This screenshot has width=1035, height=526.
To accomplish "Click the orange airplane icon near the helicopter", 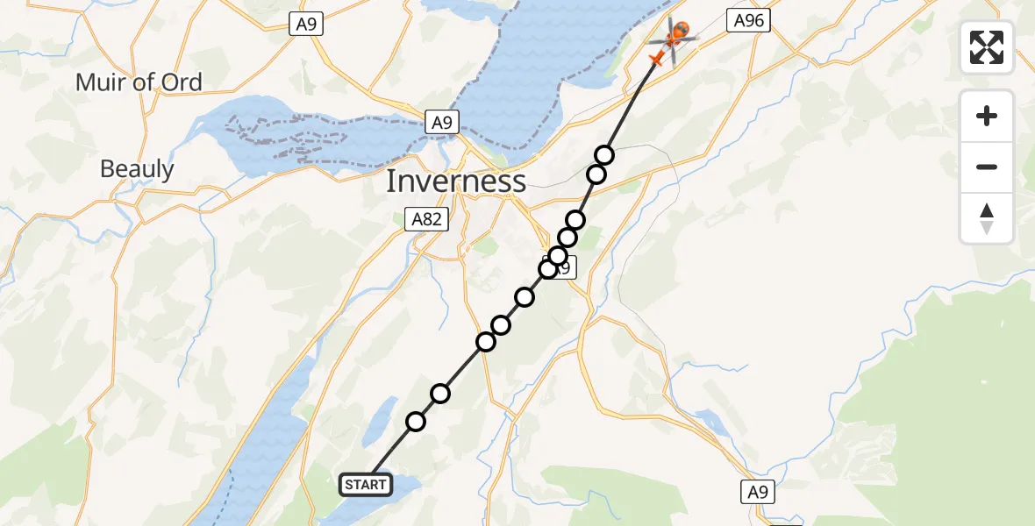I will (656, 59).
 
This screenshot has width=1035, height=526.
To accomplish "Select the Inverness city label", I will (456, 181).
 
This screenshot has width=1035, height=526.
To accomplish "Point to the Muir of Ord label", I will (139, 83).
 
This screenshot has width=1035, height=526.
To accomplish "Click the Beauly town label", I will (137, 169).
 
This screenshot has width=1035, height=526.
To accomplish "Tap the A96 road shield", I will (748, 21).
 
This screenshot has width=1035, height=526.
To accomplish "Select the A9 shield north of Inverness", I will (442, 123).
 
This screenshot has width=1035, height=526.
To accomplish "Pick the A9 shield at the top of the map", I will (305, 25).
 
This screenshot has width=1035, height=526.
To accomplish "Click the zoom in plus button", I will (987, 116).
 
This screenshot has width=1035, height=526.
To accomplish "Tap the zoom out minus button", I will (987, 167).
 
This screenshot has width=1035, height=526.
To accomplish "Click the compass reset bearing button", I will (987, 218).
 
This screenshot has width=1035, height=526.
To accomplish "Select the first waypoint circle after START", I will (416, 422).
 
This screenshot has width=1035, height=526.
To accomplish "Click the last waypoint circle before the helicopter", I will (604, 155).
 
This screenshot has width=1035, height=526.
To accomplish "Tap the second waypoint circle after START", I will (440, 394).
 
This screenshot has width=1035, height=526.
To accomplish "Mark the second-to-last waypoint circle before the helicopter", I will (596, 174).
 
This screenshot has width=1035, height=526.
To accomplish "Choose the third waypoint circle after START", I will (486, 342).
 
